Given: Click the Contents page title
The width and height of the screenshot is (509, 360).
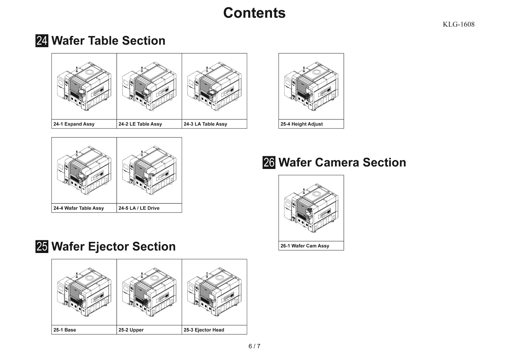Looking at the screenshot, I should (254, 13).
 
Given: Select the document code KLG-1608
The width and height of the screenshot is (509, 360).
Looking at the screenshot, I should (459, 24).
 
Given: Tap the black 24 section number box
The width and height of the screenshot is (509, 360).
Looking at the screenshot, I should (42, 41).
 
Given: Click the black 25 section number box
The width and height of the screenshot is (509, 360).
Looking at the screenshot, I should (42, 246).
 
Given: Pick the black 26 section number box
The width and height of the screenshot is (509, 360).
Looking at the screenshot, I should (269, 162).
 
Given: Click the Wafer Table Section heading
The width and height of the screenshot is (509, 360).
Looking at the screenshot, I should (108, 41).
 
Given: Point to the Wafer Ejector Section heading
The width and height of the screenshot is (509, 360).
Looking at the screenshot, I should (113, 246).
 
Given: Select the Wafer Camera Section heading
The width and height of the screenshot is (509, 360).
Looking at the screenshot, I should (342, 162).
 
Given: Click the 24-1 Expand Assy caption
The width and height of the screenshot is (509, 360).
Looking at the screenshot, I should (74, 124).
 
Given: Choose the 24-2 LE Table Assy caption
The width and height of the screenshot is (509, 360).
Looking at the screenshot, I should (140, 124).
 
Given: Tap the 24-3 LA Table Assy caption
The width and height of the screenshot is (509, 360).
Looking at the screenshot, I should (205, 124).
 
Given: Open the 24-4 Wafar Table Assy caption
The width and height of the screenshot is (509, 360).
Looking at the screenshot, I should (79, 208).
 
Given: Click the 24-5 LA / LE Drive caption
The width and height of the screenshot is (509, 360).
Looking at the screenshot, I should (139, 208).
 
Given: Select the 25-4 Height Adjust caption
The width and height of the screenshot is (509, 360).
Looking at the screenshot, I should (302, 124).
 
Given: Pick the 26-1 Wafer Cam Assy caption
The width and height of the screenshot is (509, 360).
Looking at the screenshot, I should (305, 246).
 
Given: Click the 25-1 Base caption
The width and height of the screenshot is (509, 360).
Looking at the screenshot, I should (65, 330).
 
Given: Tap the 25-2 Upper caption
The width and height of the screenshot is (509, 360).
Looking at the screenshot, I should (131, 330).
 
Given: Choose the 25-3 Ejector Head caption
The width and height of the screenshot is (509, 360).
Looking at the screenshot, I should (204, 330).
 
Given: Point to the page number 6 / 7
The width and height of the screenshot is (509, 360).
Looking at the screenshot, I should (254, 346).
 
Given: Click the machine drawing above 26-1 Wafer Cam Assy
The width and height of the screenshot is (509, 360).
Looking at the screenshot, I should (311, 208).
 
